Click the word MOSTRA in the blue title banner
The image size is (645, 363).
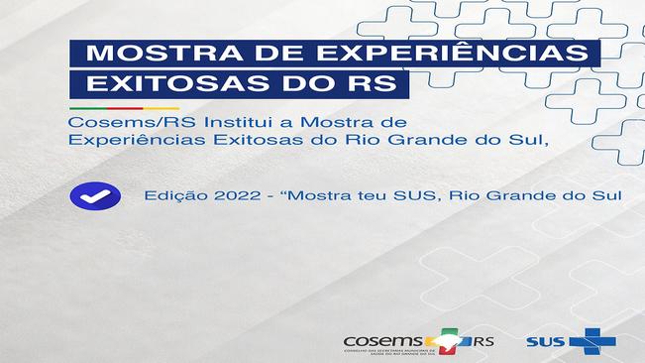(x=139, y=53)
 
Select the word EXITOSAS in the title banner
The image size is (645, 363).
(x=158, y=83)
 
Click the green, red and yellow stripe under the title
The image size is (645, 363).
(x=124, y=107)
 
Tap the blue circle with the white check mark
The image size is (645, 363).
(x=95, y=195)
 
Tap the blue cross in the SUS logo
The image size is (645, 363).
(x=592, y=341)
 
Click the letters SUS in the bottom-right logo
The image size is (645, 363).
(x=547, y=342)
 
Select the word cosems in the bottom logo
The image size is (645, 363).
(x=379, y=339)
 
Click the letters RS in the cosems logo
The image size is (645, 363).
(x=484, y=341)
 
